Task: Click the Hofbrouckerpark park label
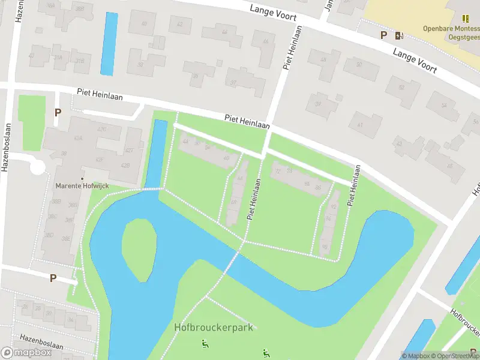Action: (x=214, y=327)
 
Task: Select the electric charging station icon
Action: (x=399, y=35)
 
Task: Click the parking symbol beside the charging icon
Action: (x=383, y=35)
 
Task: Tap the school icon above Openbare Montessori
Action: (x=466, y=19)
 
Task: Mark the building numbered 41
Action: (x=360, y=125)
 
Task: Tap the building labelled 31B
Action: (x=79, y=61)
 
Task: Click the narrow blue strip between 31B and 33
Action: (x=109, y=44)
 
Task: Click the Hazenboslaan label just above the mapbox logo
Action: (x=41, y=338)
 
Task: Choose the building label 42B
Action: (x=125, y=165)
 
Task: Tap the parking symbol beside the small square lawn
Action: (x=58, y=112)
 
